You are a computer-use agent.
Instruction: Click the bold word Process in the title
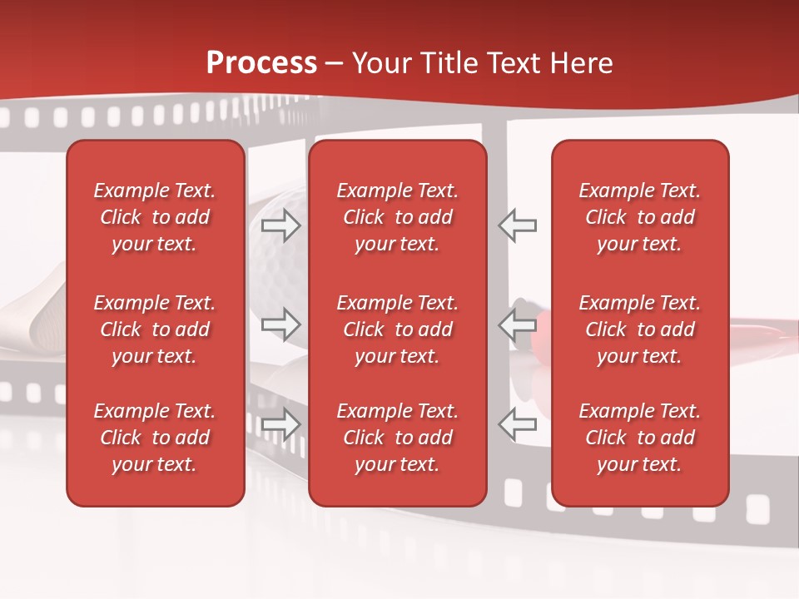261,63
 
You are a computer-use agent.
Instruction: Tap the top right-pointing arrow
280,225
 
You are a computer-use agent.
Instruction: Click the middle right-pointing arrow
280,324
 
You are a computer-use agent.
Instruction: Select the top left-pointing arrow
517,225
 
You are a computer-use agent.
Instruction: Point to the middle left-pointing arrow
517,324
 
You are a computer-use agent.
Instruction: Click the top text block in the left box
155,217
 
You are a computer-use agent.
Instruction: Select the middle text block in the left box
155,329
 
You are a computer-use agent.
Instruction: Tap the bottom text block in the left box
155,438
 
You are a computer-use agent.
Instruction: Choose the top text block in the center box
397,217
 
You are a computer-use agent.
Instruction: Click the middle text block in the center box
397,329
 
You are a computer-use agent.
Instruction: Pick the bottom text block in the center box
397,438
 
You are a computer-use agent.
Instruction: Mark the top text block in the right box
639,217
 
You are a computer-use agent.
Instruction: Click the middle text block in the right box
639,329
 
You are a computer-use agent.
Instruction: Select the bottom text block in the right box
639,438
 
